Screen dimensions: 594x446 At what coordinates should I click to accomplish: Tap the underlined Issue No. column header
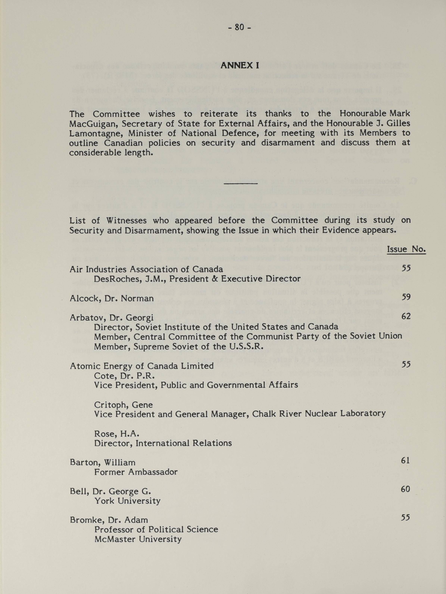pos(406,250)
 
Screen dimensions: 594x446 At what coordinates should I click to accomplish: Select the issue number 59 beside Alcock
pos(406,297)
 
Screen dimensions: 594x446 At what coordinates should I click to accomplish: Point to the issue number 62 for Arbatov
pos(406,316)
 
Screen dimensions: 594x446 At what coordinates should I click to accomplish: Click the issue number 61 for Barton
pos(405,461)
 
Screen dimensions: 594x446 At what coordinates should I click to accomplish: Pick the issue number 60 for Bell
pos(405,489)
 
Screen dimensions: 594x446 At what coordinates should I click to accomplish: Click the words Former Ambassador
pos(136,472)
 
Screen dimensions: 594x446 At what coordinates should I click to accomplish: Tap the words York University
pos(127,501)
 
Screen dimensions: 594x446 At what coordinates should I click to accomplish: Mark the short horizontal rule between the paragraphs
pos(240,184)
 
